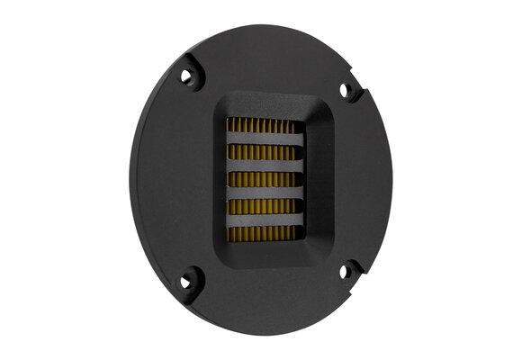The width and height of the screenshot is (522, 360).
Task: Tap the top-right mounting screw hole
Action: coord(344,90)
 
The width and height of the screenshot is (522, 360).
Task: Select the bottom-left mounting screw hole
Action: coord(186,283)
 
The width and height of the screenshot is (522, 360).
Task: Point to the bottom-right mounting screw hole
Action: coord(344,270)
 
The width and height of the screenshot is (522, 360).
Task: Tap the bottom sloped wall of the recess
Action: coord(265,256)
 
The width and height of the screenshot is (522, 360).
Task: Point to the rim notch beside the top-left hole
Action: coord(196,64)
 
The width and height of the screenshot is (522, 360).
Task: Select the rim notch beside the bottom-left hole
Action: coord(196,295)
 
